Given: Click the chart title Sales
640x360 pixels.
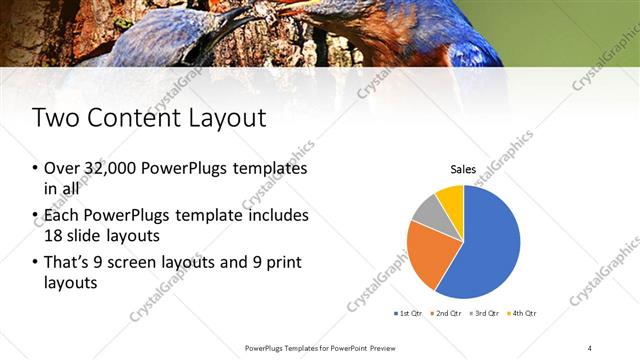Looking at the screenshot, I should pyautogui.click(x=462, y=170).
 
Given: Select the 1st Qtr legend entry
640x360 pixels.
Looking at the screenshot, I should pyautogui.click(x=409, y=314).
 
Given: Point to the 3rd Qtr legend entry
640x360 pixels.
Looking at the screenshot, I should pyautogui.click(x=483, y=314).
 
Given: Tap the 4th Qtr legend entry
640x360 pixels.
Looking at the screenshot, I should pyautogui.click(x=522, y=314).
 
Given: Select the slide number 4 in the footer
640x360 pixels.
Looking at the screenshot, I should pyautogui.click(x=590, y=347).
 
